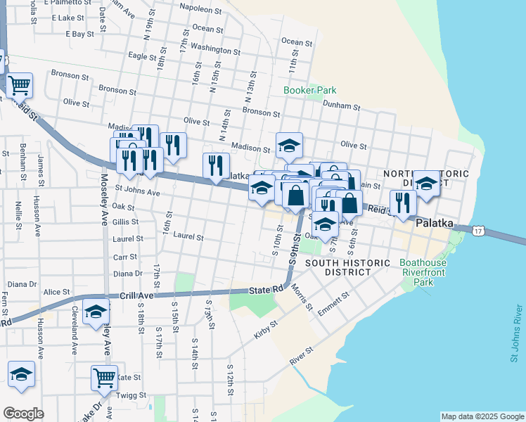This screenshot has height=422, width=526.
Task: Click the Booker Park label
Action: click(310, 90)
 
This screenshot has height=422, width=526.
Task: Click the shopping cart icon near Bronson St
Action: click(20, 86)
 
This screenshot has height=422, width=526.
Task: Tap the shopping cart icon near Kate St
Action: click(104, 378)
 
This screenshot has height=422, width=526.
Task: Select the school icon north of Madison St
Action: click(288, 145)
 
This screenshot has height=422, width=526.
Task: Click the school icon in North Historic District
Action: click(426, 183)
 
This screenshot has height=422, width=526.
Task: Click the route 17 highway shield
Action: click(478, 231)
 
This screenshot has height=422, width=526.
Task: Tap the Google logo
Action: click(23, 414)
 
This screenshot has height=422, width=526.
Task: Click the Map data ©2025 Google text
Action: click(482, 416)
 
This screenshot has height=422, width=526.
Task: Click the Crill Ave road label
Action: click(131, 297)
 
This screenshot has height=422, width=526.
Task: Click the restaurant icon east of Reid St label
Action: click(403, 203)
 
